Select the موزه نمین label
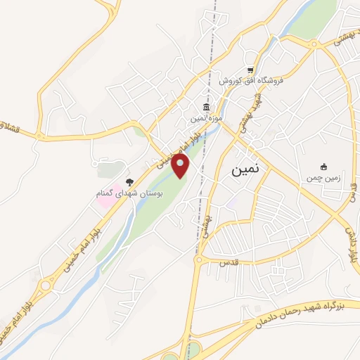coord(207,120)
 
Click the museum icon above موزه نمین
coord(206,108)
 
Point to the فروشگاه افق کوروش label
coord(250,81)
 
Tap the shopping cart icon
coord(250,69)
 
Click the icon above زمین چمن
coord(323,167)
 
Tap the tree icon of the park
coord(128,181)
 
